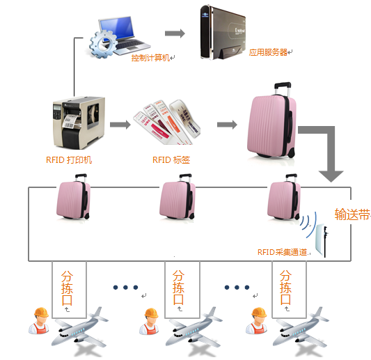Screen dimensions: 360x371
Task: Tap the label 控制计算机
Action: point(150,58)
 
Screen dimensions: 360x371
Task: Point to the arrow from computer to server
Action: point(175,33)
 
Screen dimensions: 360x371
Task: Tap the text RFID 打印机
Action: point(69,159)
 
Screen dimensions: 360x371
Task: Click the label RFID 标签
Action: point(171,159)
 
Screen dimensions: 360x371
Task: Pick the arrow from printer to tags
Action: point(120,125)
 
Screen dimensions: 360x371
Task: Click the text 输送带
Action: point(351,214)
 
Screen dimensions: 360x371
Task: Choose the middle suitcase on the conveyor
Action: point(176,200)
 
